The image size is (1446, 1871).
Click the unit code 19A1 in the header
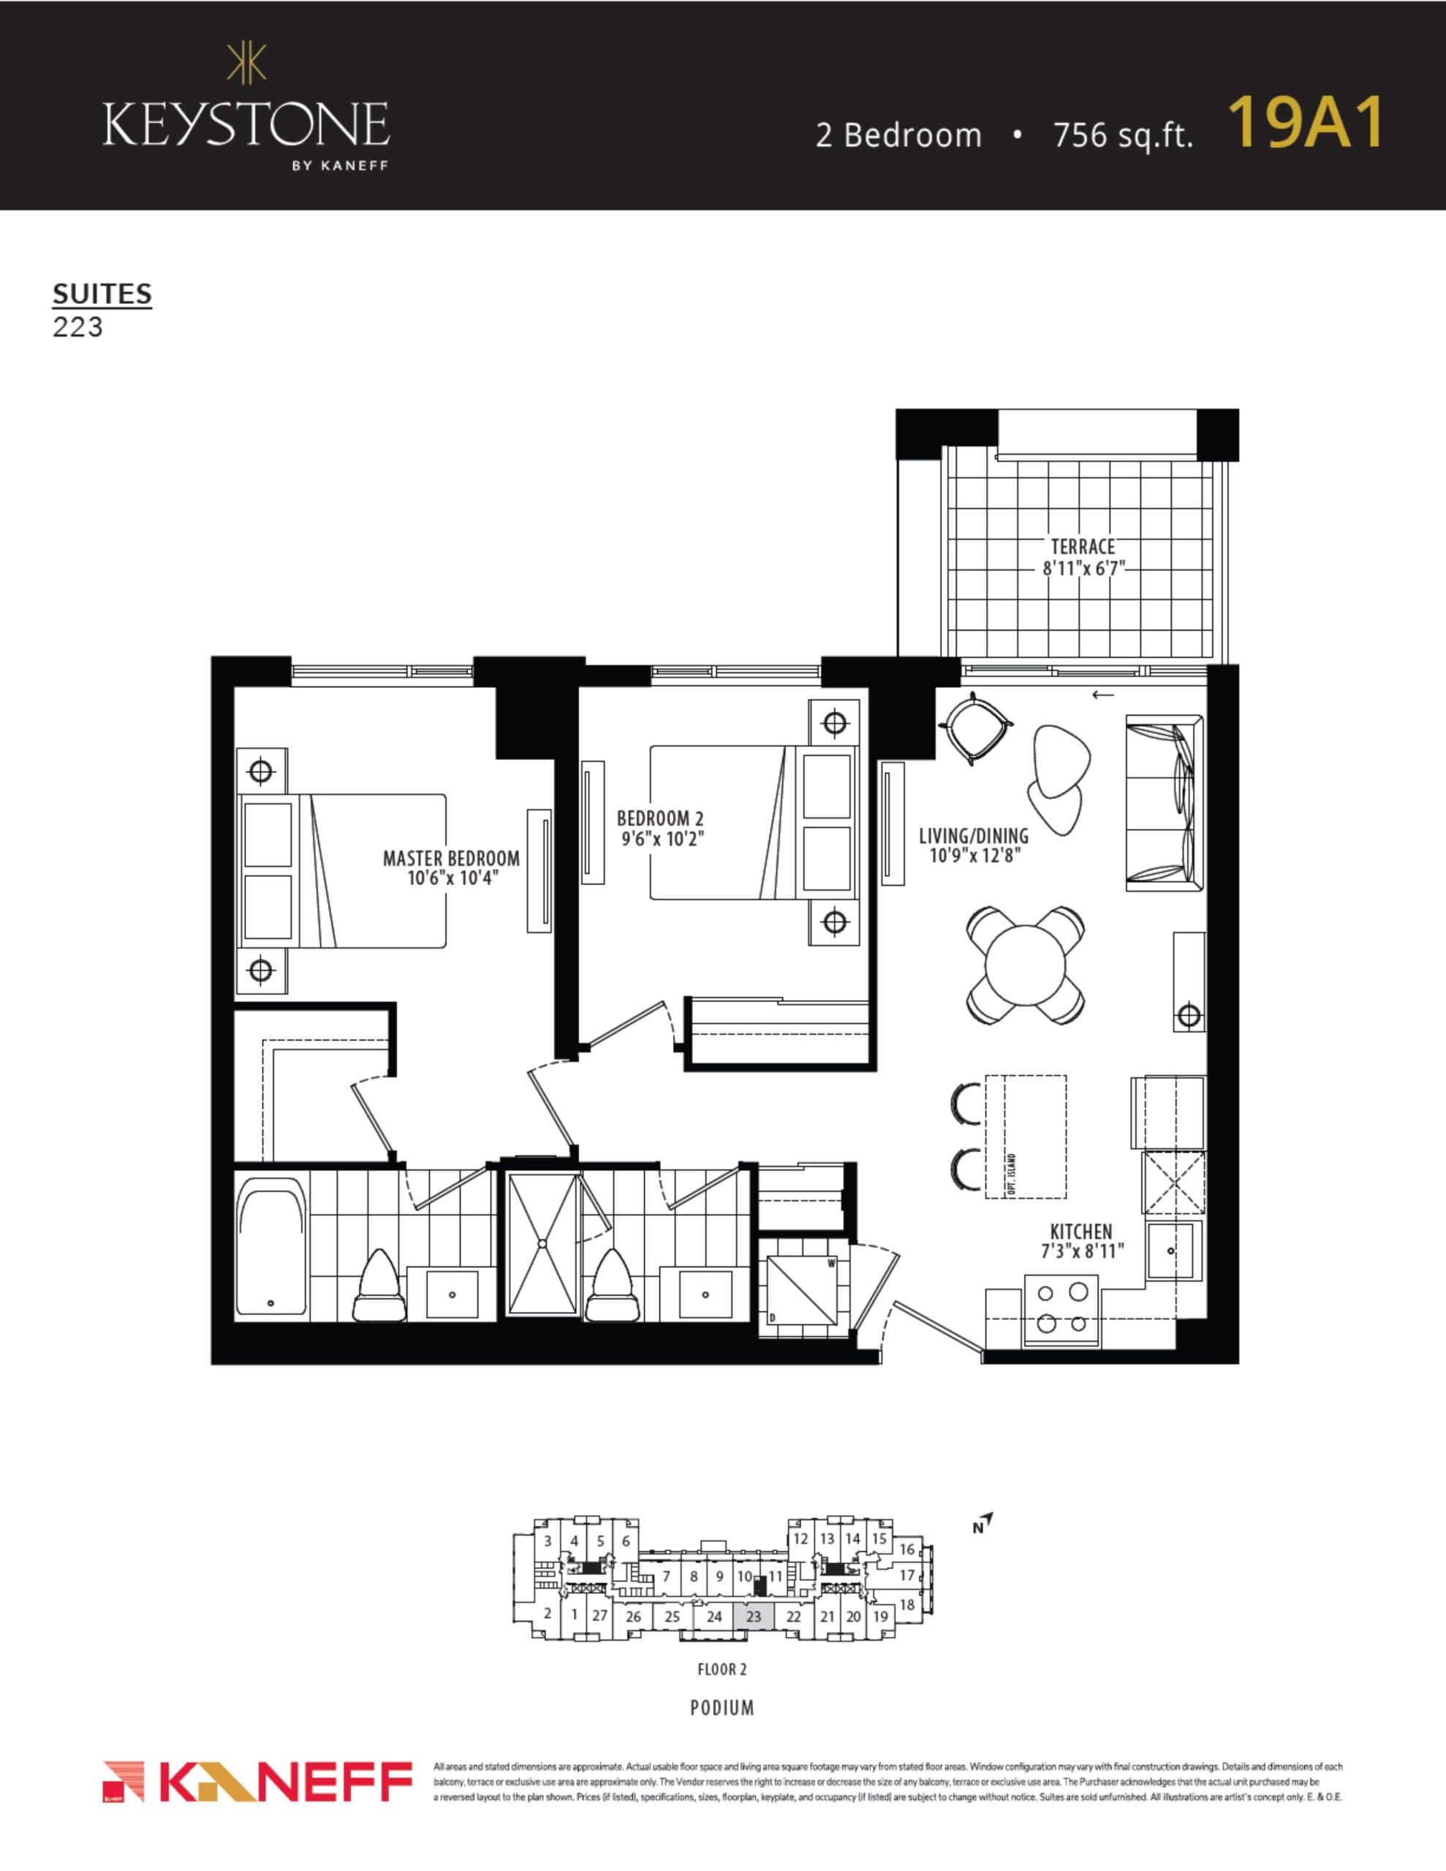1306,124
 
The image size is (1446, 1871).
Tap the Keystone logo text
246,124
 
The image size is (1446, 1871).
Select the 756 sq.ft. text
1123,135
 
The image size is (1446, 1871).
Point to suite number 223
78,327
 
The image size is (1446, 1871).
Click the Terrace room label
1083,547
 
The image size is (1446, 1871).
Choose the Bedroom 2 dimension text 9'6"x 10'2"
662,840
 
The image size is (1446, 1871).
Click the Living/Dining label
974,835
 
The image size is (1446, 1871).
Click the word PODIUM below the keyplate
722,1708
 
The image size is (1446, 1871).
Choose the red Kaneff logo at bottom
257,1782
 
